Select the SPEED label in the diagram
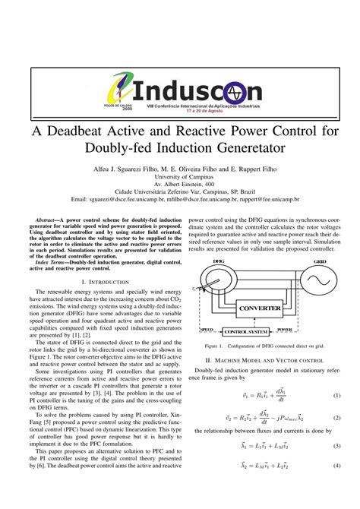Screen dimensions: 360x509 coord(206,330)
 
